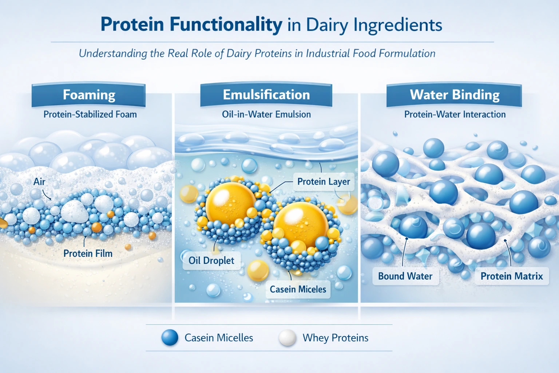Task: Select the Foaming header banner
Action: click(x=89, y=95)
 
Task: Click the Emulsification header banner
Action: click(x=266, y=95)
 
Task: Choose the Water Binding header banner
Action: click(x=454, y=95)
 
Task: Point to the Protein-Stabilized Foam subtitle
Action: click(x=90, y=114)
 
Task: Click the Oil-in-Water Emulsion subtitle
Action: click(x=266, y=114)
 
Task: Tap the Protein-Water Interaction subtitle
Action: click(x=455, y=114)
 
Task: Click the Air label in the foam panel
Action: click(x=39, y=182)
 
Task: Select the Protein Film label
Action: click(x=88, y=254)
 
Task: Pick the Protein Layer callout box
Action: click(x=323, y=182)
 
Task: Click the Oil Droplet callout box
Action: click(x=211, y=260)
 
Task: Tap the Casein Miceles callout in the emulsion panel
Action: click(x=298, y=289)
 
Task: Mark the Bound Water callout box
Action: click(x=405, y=276)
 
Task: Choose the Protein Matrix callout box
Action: click(x=511, y=276)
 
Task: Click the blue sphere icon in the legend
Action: click(x=170, y=338)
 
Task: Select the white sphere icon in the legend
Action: click(x=287, y=338)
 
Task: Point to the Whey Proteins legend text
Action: click(x=335, y=338)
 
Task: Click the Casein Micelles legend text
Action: click(x=218, y=338)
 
